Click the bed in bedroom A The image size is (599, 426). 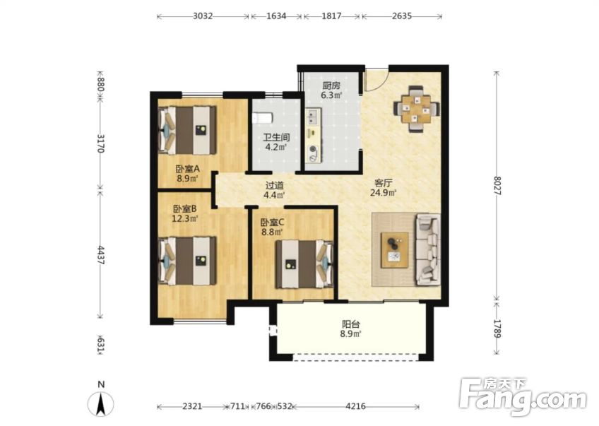tap(188, 130)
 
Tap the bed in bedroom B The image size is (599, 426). tap(188, 261)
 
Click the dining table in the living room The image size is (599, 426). tap(416, 109)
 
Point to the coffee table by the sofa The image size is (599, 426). tap(395, 250)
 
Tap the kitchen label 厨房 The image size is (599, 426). tap(331, 85)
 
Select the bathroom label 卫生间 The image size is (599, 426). tap(276, 137)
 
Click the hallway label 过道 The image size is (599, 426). tap(275, 186)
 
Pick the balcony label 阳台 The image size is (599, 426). tap(350, 324)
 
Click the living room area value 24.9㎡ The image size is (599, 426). tap(383, 193)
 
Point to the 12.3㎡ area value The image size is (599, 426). tap(185, 218)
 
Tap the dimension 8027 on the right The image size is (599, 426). tap(497, 186)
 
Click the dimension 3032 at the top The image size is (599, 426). tap(203, 16)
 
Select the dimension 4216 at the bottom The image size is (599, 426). tap(355, 406)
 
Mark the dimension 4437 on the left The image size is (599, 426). tap(100, 255)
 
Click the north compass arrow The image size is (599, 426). tap(101, 405)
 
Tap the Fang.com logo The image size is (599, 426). tap(523, 396)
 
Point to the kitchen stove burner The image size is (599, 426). tap(313, 149)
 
